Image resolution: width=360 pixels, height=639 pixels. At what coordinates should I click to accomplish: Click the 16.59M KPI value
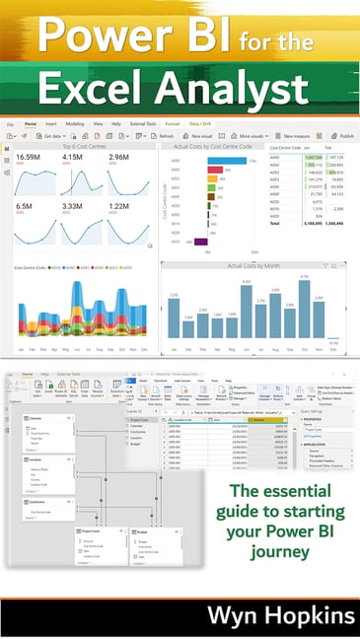pyautogui.click(x=29, y=157)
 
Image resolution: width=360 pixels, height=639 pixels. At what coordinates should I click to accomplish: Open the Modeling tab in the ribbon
pyautogui.click(x=74, y=125)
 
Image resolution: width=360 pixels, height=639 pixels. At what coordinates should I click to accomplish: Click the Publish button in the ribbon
pyautogui.click(x=342, y=136)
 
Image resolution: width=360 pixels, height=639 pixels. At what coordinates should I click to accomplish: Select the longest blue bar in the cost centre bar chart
pyautogui.click(x=226, y=160)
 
